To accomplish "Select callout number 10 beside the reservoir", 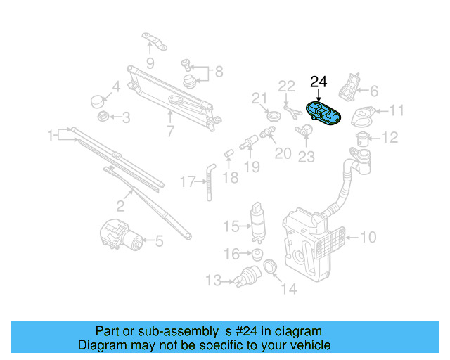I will [368, 237].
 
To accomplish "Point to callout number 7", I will [170, 130].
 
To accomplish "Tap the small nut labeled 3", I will [101, 117].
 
